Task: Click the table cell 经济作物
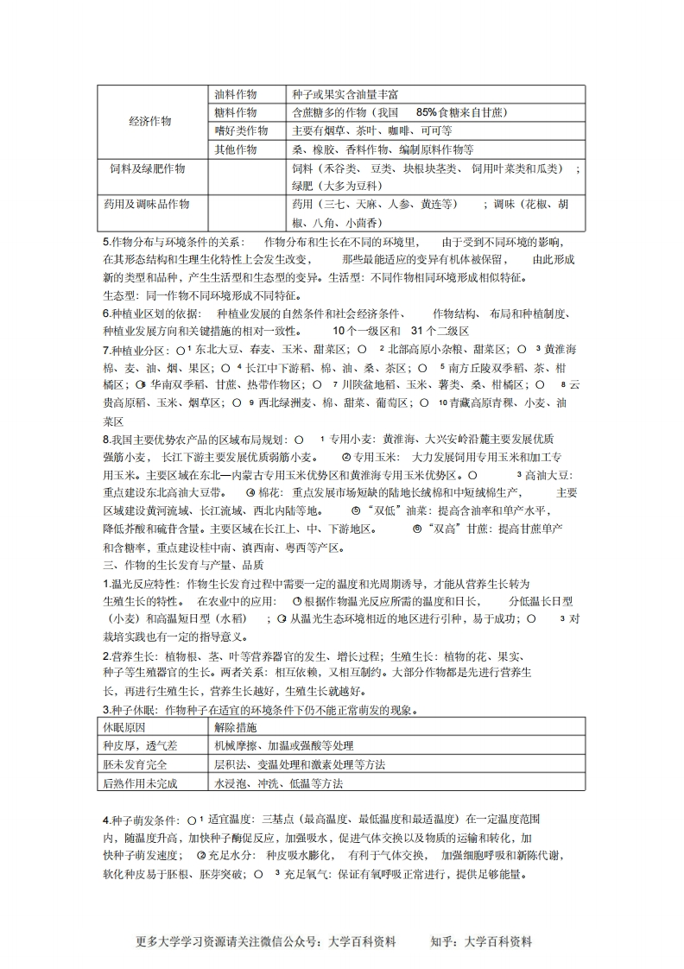coord(150,121)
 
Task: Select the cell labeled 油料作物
coord(236,93)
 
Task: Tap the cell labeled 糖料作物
coord(236,112)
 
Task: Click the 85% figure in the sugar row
coord(427,112)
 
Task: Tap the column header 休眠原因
coord(124,726)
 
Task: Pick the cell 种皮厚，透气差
coord(134,745)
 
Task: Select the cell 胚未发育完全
coord(134,764)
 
